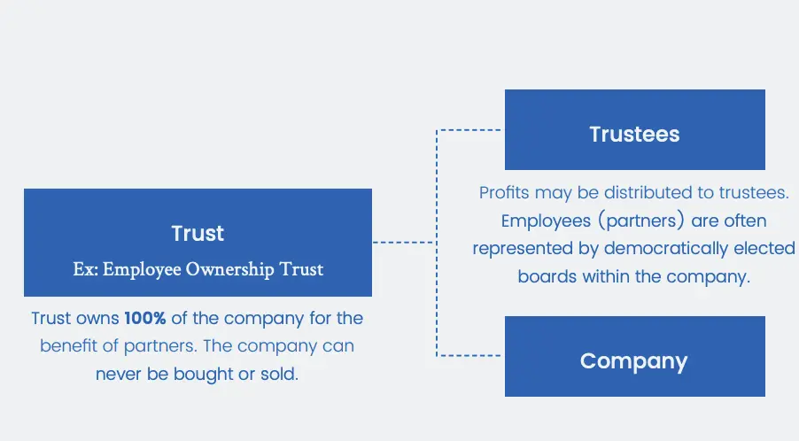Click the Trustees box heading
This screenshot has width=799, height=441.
click(634, 135)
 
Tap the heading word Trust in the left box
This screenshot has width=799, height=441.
click(198, 234)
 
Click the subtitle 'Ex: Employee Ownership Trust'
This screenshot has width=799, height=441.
click(198, 269)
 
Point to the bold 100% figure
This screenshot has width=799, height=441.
click(145, 318)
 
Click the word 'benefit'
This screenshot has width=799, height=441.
click(70, 345)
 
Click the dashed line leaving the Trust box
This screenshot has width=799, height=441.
click(403, 242)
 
